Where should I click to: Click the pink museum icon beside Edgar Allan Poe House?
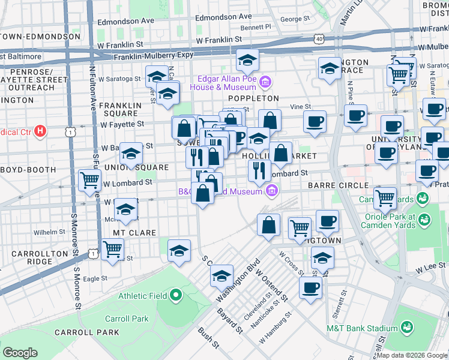(265, 81)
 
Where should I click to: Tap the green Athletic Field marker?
(176, 295)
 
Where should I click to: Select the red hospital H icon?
(40, 130)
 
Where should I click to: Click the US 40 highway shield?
(319, 38)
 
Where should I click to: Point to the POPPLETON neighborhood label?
(253, 98)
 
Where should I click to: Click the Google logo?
(20, 352)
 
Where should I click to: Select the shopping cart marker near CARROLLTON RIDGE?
(113, 250)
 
